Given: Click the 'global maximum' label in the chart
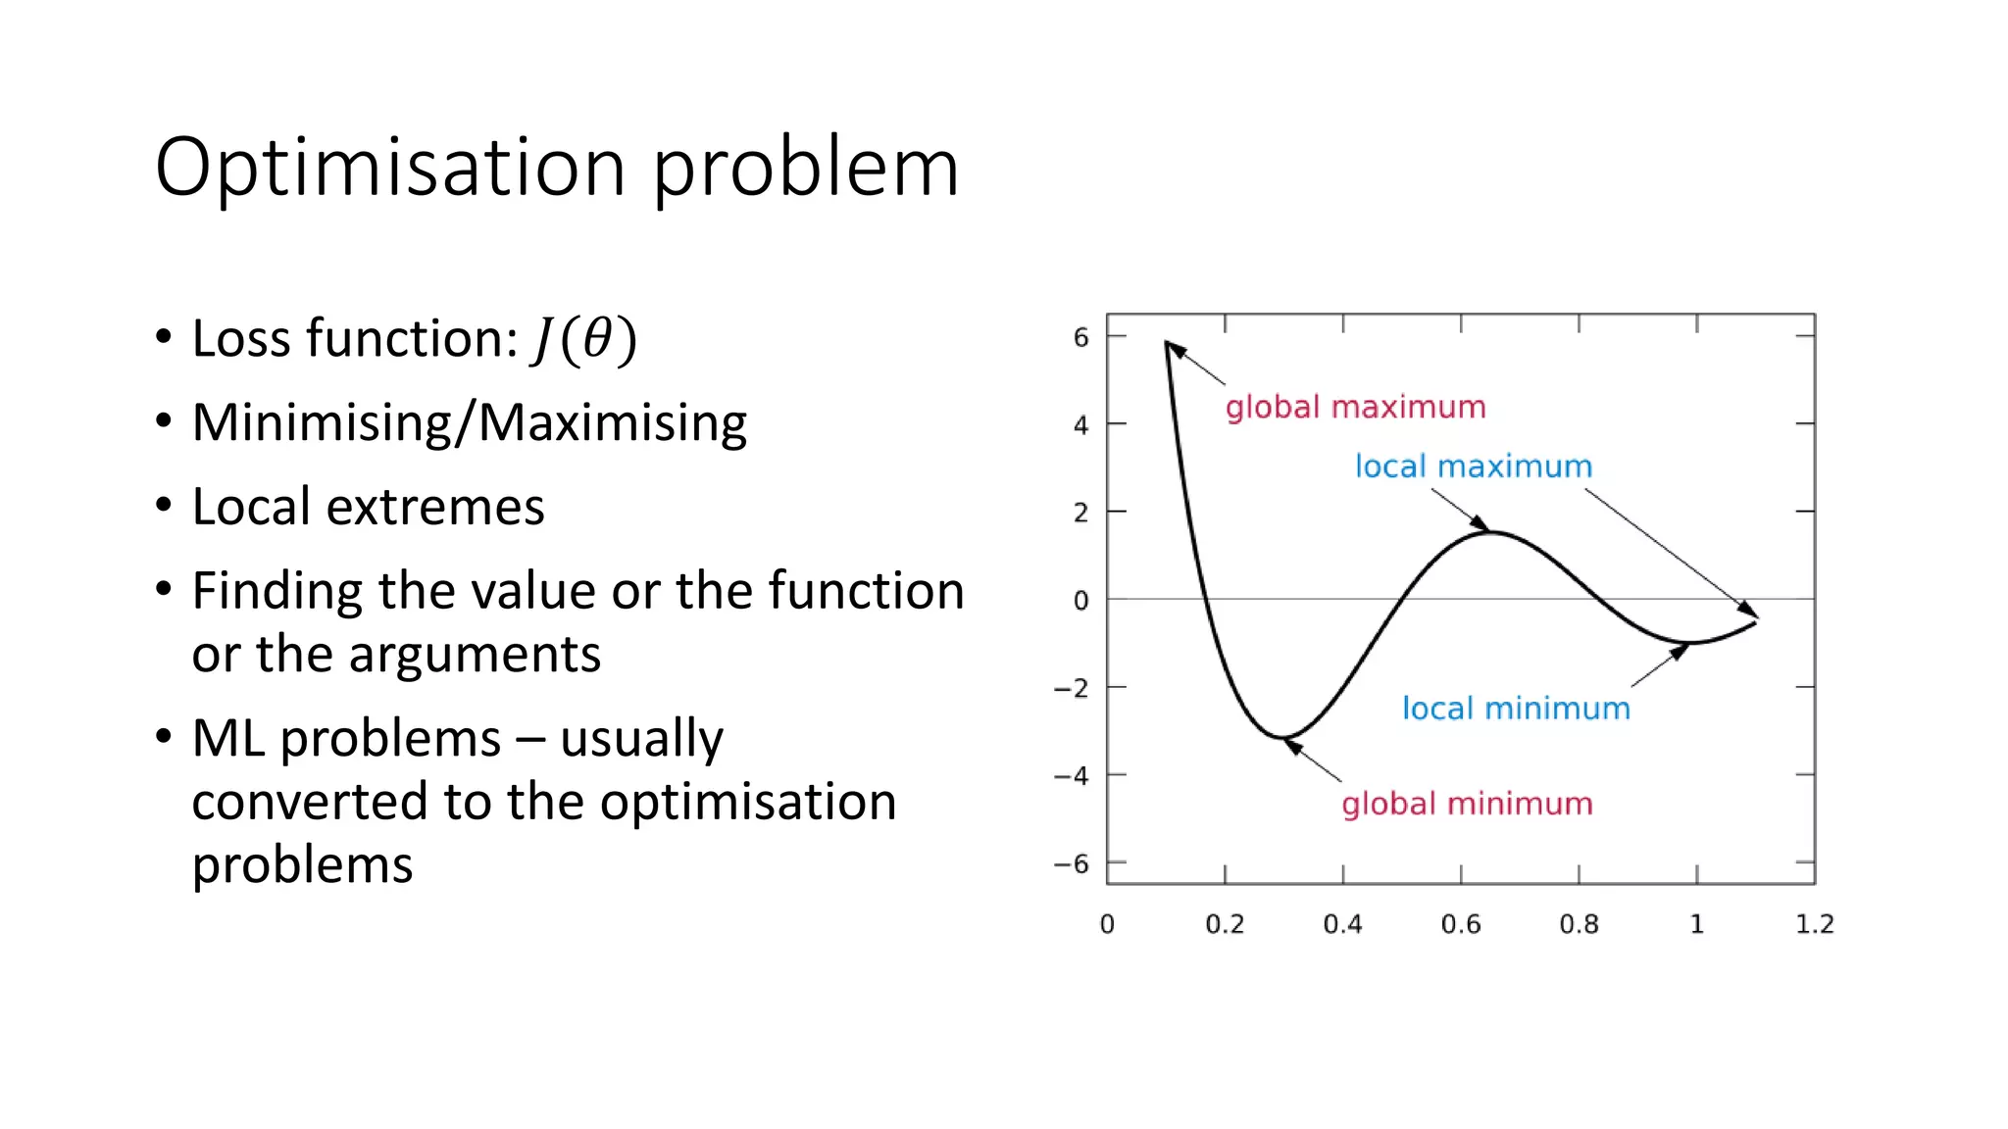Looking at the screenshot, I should pos(1355,407).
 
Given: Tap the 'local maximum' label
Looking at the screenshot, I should pos(1473,466).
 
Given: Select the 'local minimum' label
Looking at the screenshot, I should pos(1515,708).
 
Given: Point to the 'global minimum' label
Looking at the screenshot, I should pos(1467,804).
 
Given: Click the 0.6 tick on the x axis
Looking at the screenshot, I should pos(1460,924).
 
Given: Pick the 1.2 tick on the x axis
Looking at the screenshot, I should pos(1814,924).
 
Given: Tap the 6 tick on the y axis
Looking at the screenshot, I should pos(1080,338).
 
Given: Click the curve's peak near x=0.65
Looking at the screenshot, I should pos(1490,532).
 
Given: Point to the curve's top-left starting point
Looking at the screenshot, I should pos(1167,342).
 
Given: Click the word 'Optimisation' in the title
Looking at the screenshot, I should pos(390,169).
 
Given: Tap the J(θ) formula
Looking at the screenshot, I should pos(584,340).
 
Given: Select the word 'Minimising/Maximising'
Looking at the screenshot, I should pos(469,423).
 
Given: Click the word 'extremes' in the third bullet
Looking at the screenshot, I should pos(434,508).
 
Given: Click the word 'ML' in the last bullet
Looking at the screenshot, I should pos(227,738).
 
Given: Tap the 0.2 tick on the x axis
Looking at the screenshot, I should pos(1225,924).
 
